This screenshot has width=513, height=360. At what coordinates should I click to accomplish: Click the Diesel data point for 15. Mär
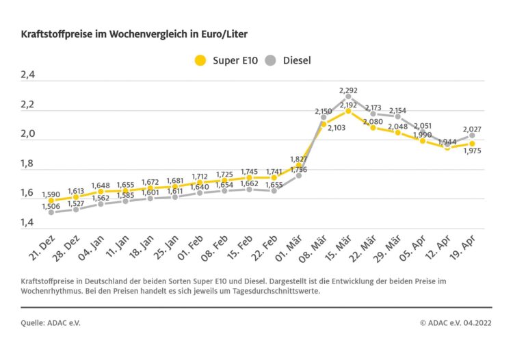click(x=348, y=97)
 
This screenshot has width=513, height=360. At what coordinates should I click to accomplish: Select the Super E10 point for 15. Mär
click(x=348, y=111)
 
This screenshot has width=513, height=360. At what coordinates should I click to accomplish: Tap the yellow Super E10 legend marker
click(x=200, y=60)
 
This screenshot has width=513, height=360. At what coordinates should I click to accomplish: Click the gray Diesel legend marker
click(x=270, y=60)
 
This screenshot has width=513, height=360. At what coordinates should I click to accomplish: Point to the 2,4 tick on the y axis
click(x=29, y=76)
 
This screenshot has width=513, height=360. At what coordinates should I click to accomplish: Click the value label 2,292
click(x=348, y=90)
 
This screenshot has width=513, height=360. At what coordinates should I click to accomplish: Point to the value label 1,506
click(x=51, y=205)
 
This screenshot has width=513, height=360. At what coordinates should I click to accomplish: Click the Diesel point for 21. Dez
click(x=51, y=212)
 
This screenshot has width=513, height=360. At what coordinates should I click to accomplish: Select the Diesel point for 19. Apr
click(x=472, y=136)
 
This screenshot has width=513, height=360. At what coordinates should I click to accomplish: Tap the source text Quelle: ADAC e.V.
click(x=51, y=321)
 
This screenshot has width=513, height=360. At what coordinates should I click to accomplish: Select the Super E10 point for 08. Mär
click(x=324, y=124)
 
